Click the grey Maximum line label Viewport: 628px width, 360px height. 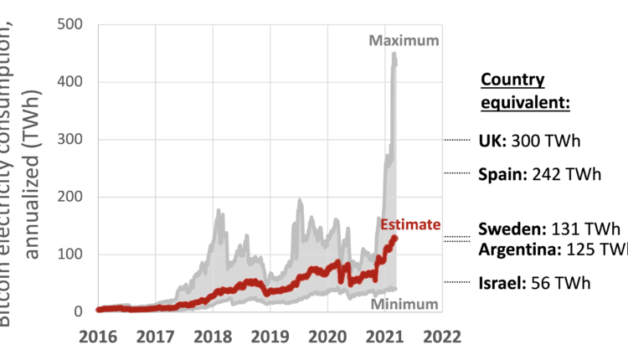tap(404, 41)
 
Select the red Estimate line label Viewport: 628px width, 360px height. tap(409, 224)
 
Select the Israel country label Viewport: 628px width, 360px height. tap(501, 284)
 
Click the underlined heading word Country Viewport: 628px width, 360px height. tap(512, 80)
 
